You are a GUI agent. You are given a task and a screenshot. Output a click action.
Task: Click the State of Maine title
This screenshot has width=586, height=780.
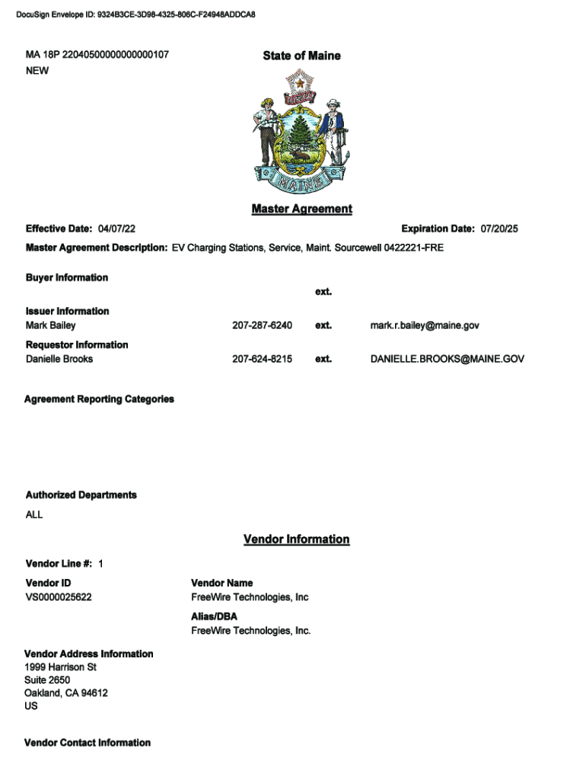point(301,56)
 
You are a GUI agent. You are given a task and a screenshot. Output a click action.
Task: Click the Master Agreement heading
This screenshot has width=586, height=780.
point(301,209)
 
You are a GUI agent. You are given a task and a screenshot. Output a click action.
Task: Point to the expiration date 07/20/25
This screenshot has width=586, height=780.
point(498,229)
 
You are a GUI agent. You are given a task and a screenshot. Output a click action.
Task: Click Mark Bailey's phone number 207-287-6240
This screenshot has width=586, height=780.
point(262,325)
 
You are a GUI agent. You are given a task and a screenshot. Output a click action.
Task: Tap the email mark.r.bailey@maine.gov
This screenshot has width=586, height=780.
point(425,325)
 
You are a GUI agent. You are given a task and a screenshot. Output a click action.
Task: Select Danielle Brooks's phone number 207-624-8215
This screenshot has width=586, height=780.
point(262,359)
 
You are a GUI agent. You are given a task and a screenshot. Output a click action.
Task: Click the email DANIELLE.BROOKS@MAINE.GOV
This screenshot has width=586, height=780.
point(447,359)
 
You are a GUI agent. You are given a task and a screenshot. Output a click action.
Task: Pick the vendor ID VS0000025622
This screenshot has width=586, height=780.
point(59,597)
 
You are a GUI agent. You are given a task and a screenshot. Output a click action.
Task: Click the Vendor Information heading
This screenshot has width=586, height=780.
point(296,539)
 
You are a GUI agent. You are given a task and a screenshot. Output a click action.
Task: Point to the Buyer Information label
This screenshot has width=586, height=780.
point(67,277)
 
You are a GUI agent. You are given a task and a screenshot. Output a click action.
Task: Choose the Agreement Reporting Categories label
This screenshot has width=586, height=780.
point(99,399)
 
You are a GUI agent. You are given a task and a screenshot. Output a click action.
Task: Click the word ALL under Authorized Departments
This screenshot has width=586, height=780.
point(34,515)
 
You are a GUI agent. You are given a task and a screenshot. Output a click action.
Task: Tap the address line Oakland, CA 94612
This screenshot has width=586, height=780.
point(66,693)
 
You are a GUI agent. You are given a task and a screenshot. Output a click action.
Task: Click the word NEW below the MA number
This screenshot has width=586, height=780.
point(37,70)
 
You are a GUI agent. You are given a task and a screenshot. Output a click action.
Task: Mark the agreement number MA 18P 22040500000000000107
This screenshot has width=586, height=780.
point(97,55)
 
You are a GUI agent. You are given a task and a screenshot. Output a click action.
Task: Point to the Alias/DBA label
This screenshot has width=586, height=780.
point(215,616)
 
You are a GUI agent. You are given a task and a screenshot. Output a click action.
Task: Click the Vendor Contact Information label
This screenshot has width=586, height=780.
point(88,743)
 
